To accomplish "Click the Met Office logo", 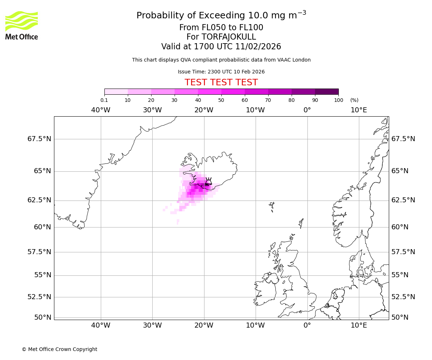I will pos(22,25).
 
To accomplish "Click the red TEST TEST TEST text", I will pos(221,83).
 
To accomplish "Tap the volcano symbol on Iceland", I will pos(208,181).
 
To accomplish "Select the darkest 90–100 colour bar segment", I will pos(327,91).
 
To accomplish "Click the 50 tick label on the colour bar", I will pos(221,100).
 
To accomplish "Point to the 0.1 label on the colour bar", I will pos(104,100).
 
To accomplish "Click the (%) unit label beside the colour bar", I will pos(354,100).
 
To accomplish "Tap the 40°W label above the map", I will pos(100,110).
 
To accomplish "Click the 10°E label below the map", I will pos(359,326).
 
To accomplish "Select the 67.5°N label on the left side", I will pos(39,139).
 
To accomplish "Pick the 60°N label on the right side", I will pos(400,227).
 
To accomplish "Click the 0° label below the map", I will pos(307,326).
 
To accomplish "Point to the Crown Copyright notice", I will pos(59,350).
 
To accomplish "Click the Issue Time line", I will pos(221,72).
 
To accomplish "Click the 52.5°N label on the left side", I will pos(39,297).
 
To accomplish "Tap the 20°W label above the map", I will pos(204,110).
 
